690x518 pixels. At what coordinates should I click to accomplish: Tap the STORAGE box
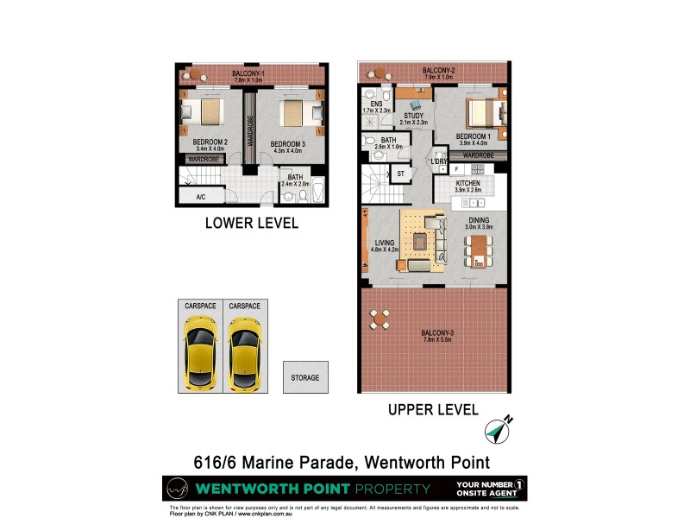click(x=304, y=378)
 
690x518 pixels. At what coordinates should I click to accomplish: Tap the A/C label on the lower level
click(x=200, y=197)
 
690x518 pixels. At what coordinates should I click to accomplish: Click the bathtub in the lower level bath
click(x=317, y=191)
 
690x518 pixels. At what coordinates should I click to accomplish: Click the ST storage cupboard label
click(x=401, y=174)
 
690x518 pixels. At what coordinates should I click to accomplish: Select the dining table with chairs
click(x=479, y=249)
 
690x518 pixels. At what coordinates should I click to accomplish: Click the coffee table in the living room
click(x=420, y=243)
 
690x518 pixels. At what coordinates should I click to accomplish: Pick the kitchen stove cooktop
click(x=474, y=202)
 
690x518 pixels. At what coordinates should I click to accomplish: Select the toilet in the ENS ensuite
click(x=371, y=96)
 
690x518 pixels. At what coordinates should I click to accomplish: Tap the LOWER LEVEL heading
click(x=251, y=223)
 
